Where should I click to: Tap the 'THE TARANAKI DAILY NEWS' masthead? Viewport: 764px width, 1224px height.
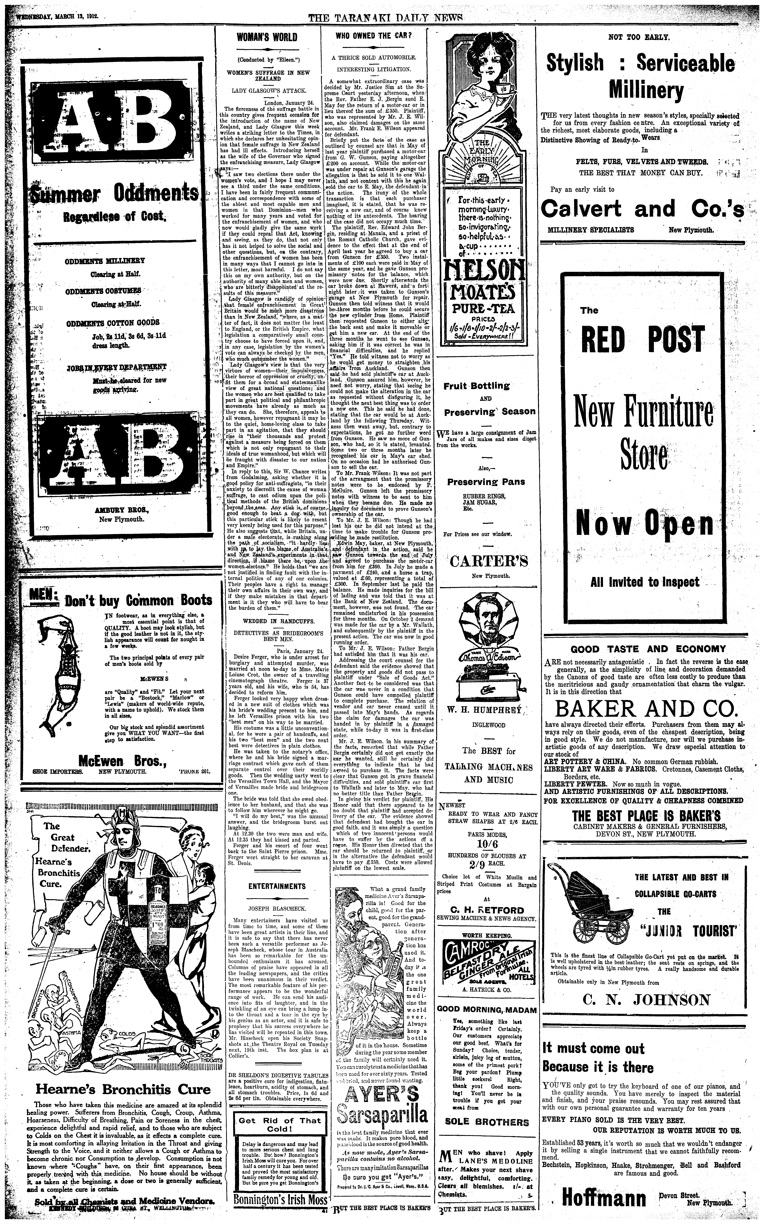coord(385,17)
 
